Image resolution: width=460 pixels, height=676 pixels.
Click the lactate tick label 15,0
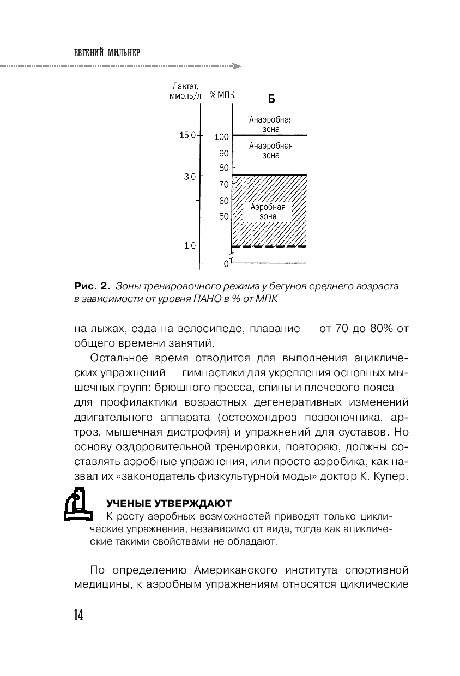tap(187, 135)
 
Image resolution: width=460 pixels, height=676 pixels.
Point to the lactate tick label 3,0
tap(189, 176)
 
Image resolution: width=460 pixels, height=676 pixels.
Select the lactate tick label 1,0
tap(189, 246)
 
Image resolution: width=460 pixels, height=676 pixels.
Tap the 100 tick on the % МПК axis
tap(221, 137)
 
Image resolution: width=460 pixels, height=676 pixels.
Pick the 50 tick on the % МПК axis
tap(223, 216)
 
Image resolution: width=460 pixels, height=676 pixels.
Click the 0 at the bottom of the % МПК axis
tap(226, 264)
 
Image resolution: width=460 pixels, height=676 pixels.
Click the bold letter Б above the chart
tap(271, 99)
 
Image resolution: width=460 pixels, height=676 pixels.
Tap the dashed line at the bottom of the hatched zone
tap(269, 247)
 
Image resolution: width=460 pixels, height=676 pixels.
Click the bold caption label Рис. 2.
tap(92, 286)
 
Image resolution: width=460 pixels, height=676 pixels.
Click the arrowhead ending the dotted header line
tap(237, 67)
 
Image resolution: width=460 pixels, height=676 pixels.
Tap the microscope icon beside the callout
tap(76, 505)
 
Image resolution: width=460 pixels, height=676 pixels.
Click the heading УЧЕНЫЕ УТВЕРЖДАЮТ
tap(168, 503)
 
